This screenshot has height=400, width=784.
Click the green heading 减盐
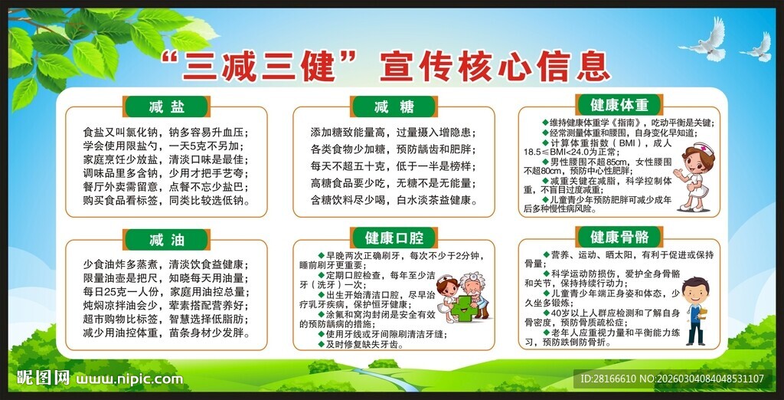click(x=166, y=107)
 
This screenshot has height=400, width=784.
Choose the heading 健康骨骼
click(x=619, y=237)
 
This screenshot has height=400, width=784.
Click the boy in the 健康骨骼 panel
click(x=695, y=310)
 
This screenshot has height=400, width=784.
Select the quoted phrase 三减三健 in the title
click(x=260, y=67)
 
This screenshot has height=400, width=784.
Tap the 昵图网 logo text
click(x=44, y=379)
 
